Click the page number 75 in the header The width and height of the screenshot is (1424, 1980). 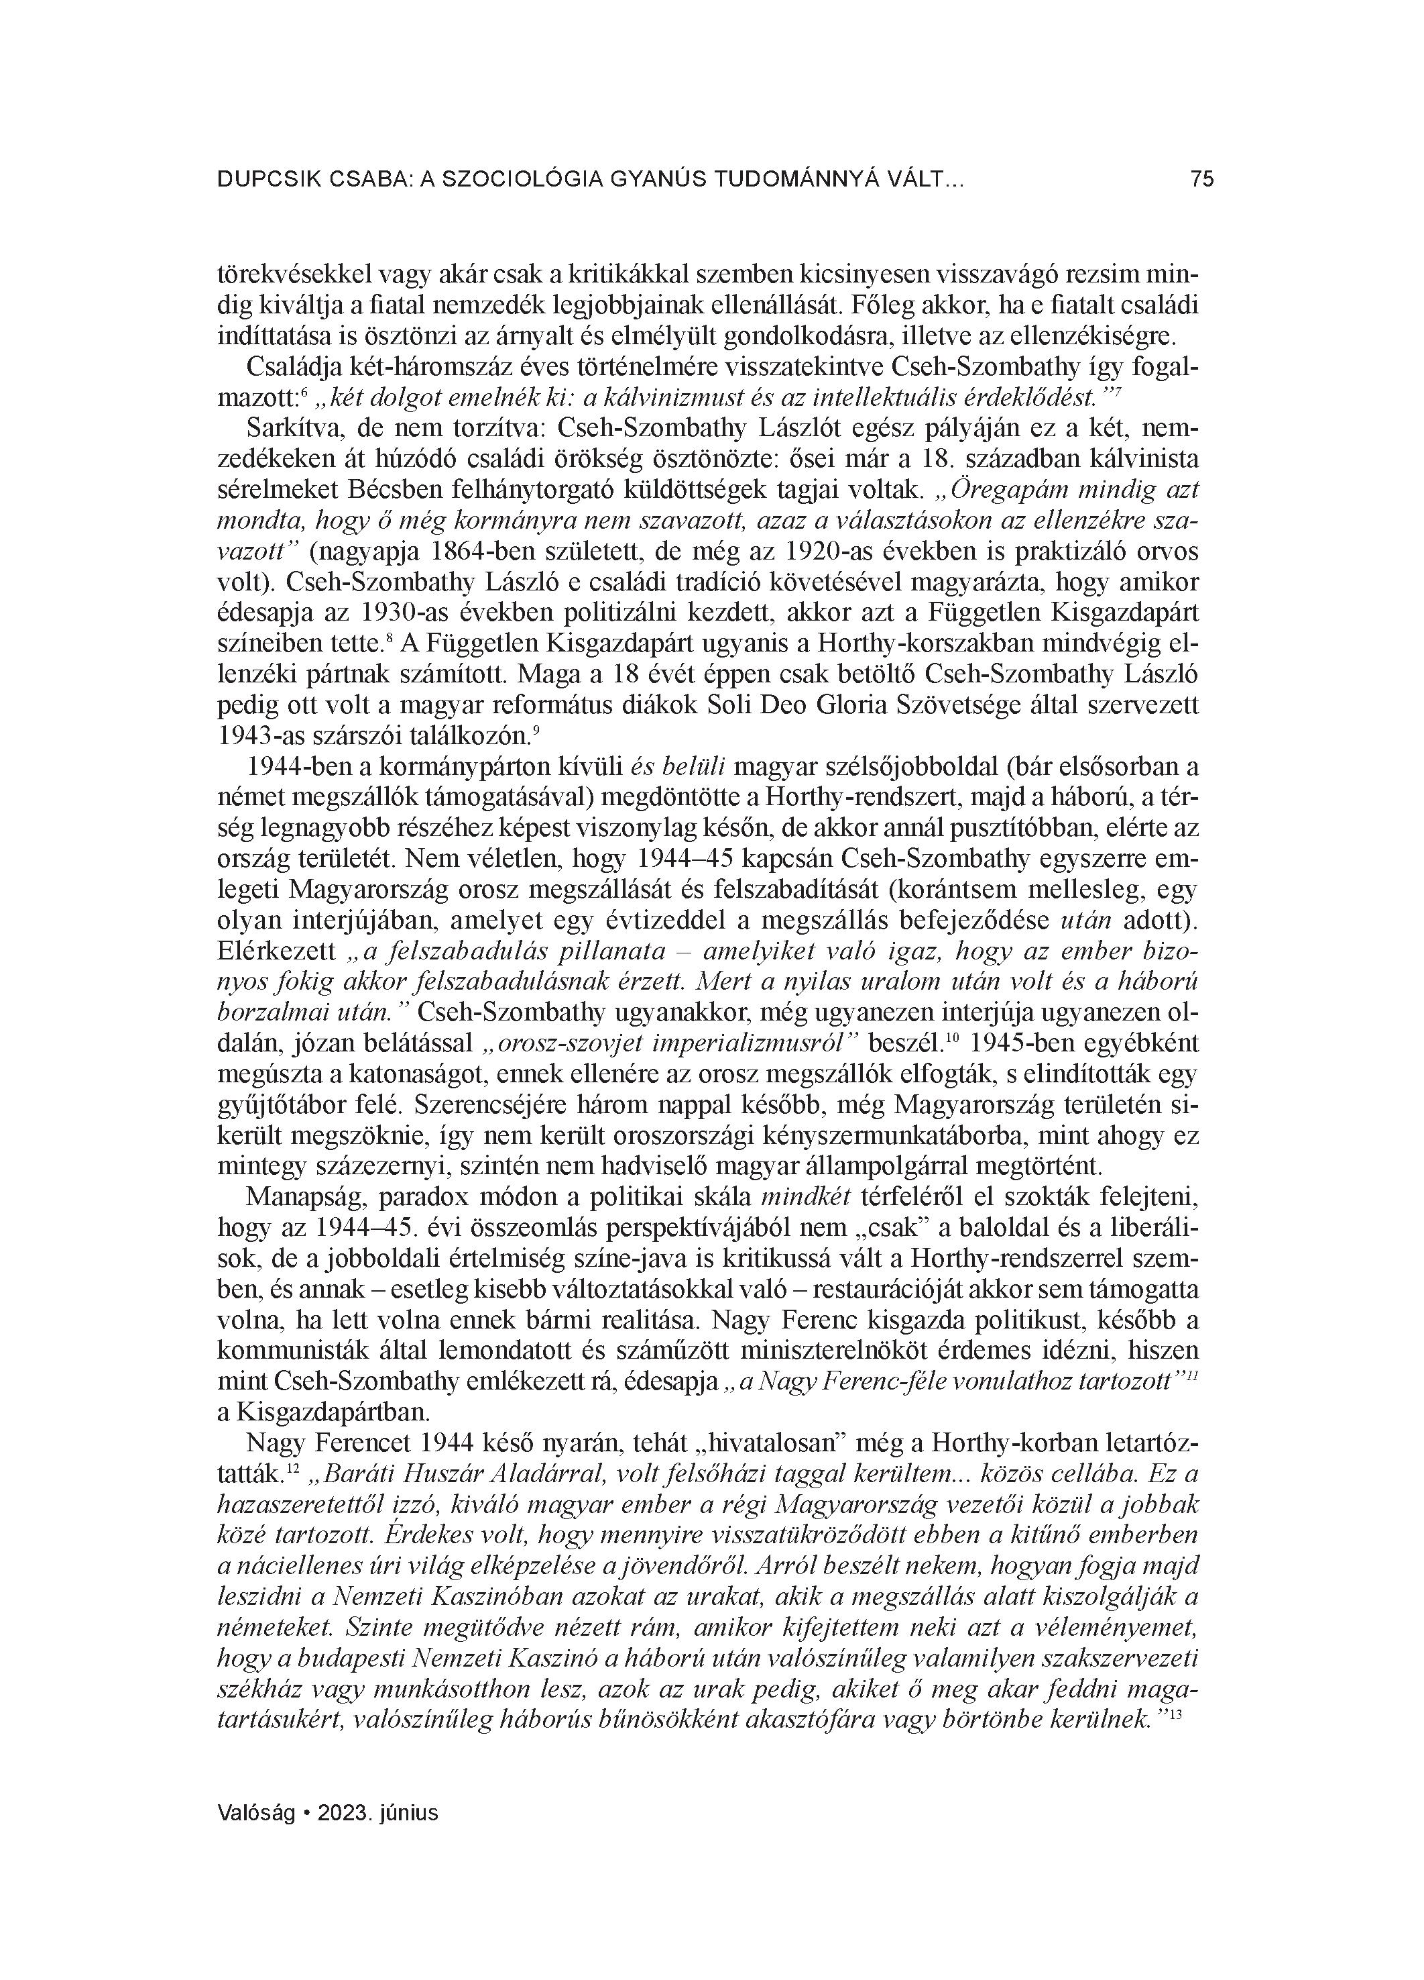1201,180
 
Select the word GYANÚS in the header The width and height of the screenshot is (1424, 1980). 650,180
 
